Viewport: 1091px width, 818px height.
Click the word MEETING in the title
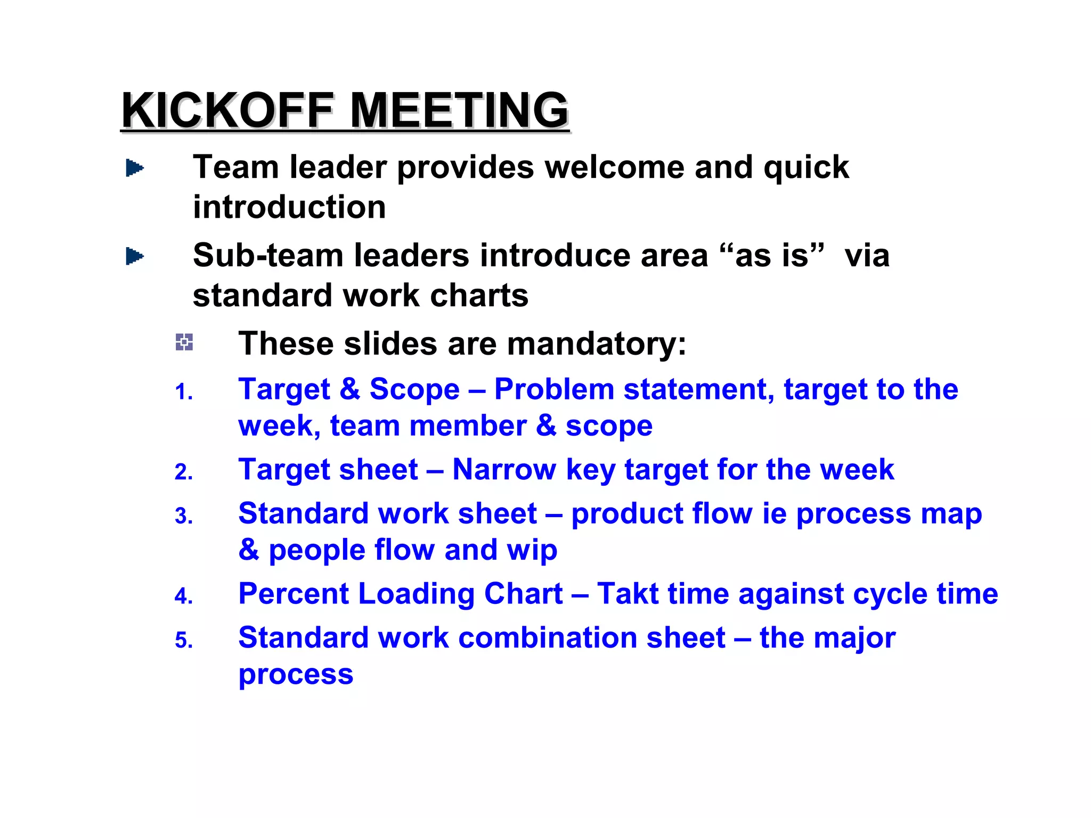459,110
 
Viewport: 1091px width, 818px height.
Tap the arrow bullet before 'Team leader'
134,168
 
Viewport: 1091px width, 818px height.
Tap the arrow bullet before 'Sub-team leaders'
134,257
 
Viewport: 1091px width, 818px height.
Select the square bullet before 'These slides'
184,342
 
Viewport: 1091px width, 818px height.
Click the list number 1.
184,392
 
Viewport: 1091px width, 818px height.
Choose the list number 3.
184,517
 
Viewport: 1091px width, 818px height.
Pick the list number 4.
184,596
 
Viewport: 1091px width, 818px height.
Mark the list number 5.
184,641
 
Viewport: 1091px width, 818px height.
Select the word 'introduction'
289,207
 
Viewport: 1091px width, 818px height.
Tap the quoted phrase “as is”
772,255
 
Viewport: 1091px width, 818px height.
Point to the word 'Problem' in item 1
554,389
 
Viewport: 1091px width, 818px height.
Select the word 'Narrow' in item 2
504,470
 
